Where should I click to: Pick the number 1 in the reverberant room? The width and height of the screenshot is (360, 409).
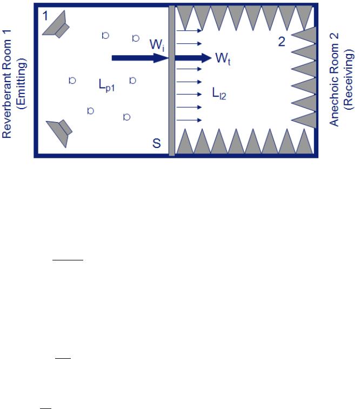coord(46,16)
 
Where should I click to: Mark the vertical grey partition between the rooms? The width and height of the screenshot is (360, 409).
coord(172,81)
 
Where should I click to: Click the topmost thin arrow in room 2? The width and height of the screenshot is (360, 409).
coord(189,31)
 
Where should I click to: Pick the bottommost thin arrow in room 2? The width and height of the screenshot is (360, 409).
coord(189,119)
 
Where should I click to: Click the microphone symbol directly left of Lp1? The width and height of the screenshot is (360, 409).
coord(72,81)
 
